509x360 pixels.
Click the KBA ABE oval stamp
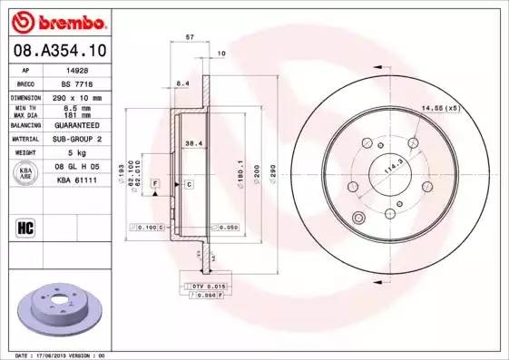27,172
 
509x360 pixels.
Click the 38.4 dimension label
192,143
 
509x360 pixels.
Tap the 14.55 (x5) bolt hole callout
441,110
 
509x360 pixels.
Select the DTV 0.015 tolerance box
208,286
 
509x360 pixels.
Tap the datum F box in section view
155,184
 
